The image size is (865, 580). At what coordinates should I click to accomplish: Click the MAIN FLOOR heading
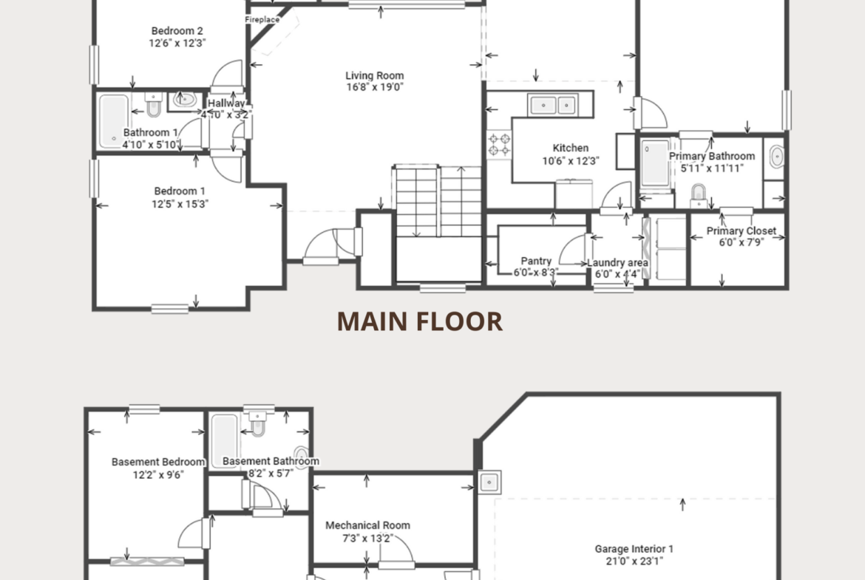(x=420, y=321)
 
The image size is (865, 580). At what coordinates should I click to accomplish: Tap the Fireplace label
(x=262, y=20)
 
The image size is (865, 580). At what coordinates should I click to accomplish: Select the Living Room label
(x=375, y=75)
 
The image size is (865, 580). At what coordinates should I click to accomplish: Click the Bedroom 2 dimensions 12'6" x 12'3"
(x=177, y=43)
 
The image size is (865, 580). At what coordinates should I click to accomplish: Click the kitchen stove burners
(x=499, y=145)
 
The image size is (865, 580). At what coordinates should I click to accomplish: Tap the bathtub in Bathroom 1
(x=114, y=120)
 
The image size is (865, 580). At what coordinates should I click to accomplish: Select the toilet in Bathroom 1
(x=153, y=105)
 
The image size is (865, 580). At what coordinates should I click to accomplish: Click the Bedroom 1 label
(x=180, y=191)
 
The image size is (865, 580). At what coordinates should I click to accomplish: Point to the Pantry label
(x=536, y=261)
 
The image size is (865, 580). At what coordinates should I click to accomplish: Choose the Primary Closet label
(x=742, y=231)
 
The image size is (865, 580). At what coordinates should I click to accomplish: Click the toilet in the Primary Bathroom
(x=699, y=196)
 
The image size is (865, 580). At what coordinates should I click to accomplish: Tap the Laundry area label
(x=617, y=262)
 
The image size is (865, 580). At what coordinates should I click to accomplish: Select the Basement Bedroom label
(x=158, y=462)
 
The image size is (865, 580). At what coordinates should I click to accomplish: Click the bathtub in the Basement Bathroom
(x=224, y=442)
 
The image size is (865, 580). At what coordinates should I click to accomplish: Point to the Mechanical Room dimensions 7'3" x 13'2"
(x=367, y=538)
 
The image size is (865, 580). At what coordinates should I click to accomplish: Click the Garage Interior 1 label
(x=634, y=548)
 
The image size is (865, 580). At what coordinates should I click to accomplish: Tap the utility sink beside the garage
(x=489, y=482)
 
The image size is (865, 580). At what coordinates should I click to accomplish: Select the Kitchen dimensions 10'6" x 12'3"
(x=571, y=161)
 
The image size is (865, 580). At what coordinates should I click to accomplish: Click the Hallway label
(x=226, y=103)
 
